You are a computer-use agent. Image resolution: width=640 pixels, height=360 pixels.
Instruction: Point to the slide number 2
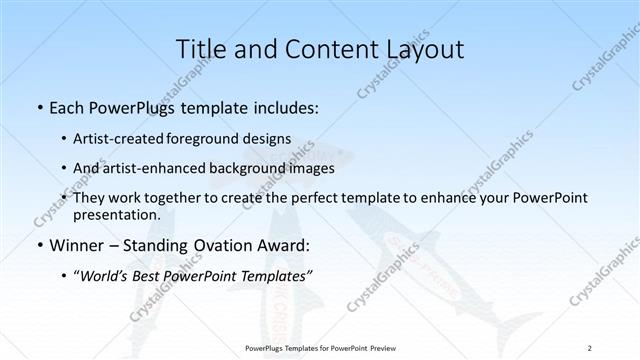[590, 348]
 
